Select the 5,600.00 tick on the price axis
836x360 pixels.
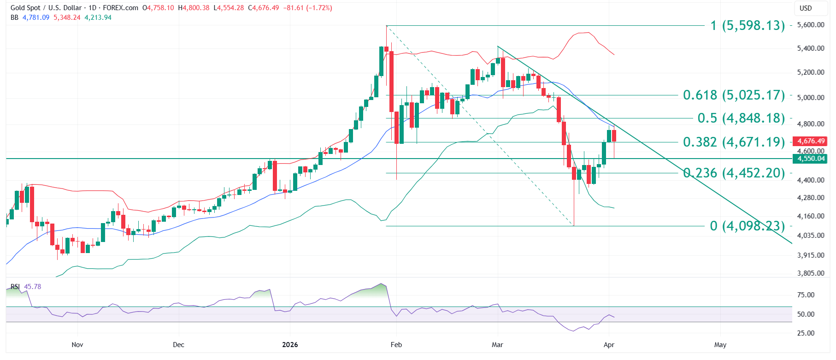[811, 25]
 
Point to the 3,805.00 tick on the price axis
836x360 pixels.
[811, 273]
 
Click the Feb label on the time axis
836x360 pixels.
[396, 345]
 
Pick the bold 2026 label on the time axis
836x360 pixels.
[290, 345]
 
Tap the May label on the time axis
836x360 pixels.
[720, 345]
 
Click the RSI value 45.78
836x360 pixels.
[32, 287]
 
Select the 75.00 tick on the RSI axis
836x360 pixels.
[806, 295]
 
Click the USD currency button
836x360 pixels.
[806, 8]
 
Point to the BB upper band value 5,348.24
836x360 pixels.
[67, 18]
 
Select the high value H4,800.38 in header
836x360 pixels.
[194, 8]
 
